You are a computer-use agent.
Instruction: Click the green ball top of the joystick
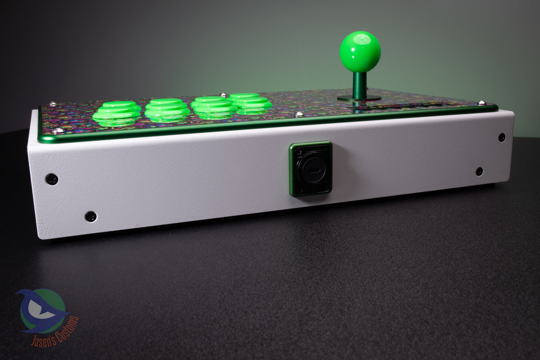pos(360,52)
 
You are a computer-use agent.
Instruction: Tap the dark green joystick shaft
pos(360,85)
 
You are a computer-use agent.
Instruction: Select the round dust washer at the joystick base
pos(359,98)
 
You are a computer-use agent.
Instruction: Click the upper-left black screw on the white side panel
pos(52,179)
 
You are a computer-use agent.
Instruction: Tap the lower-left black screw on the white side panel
pos(91,216)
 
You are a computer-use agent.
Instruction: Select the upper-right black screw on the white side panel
pos(502,137)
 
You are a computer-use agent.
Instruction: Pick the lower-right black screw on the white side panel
pos(479,171)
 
